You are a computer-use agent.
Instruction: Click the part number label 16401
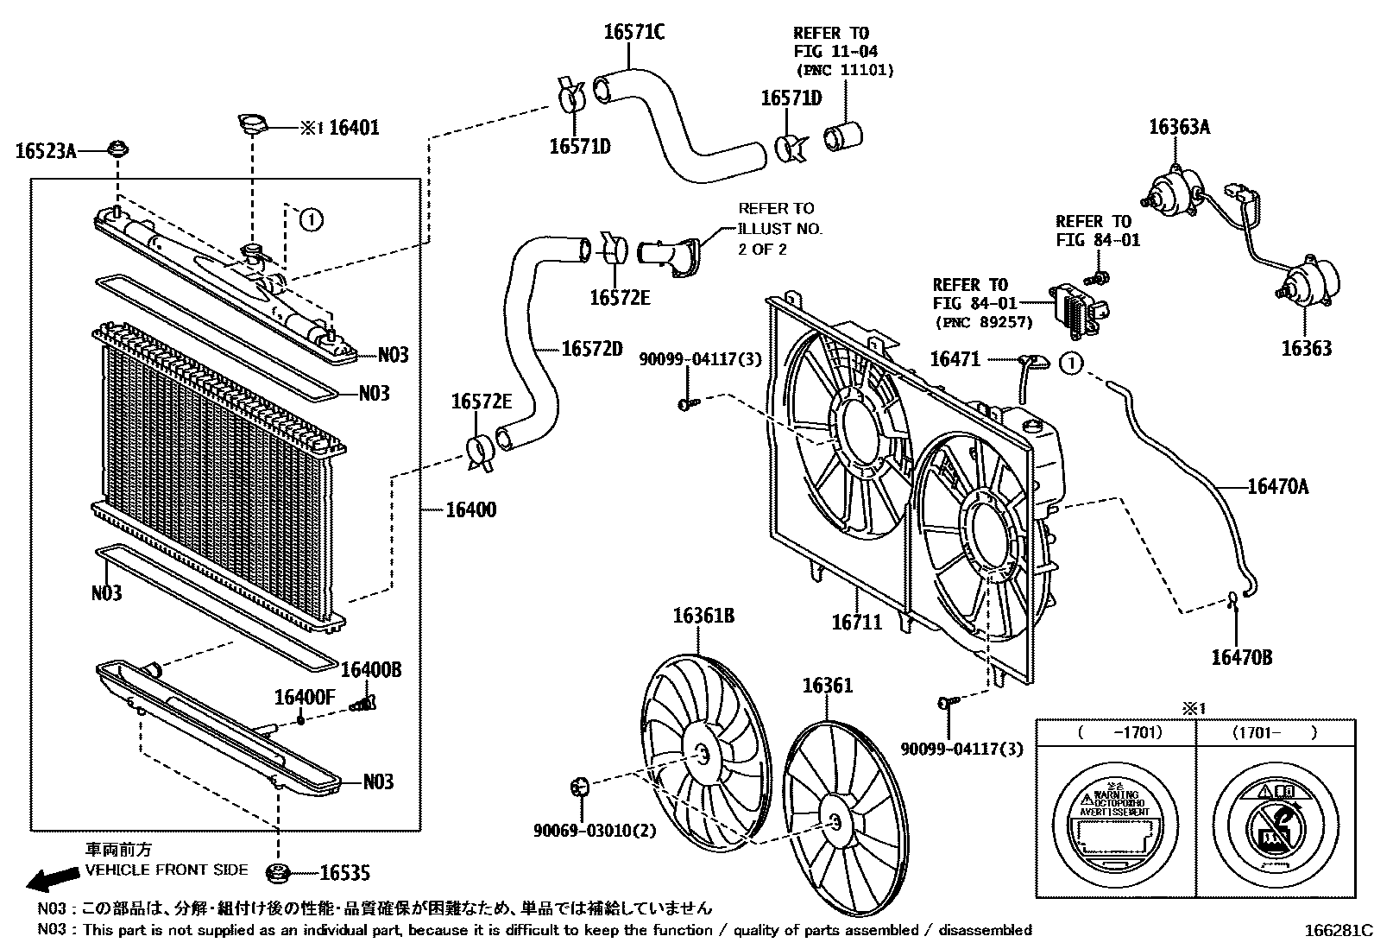tap(354, 128)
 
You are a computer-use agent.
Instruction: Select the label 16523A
tap(46, 152)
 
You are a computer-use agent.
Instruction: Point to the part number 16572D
tap(591, 349)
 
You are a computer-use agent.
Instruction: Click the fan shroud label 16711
tap(857, 621)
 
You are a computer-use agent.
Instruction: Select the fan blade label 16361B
tap(703, 616)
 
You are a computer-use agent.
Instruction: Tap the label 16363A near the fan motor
tap(1179, 128)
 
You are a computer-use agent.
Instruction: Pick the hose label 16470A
tap(1277, 487)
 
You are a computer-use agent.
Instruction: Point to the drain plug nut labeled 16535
tap(278, 874)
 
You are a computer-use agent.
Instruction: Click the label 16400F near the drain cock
tap(304, 696)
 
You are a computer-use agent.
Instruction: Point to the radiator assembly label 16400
tap(470, 509)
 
